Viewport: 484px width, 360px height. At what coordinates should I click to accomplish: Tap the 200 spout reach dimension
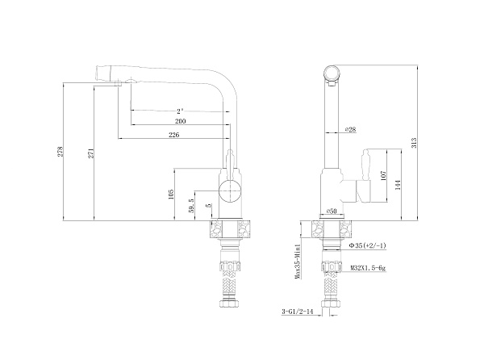coord(179,121)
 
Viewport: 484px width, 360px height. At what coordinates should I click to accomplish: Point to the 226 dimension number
coord(173,135)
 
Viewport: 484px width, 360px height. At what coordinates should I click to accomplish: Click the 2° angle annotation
coord(179,109)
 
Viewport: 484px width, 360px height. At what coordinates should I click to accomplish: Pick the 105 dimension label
coord(171,195)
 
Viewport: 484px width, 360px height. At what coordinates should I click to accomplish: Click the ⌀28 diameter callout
coord(351,129)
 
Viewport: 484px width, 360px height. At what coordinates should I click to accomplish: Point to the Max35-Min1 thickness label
coord(298,261)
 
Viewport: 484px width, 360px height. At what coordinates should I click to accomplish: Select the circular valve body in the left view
coord(228,192)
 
